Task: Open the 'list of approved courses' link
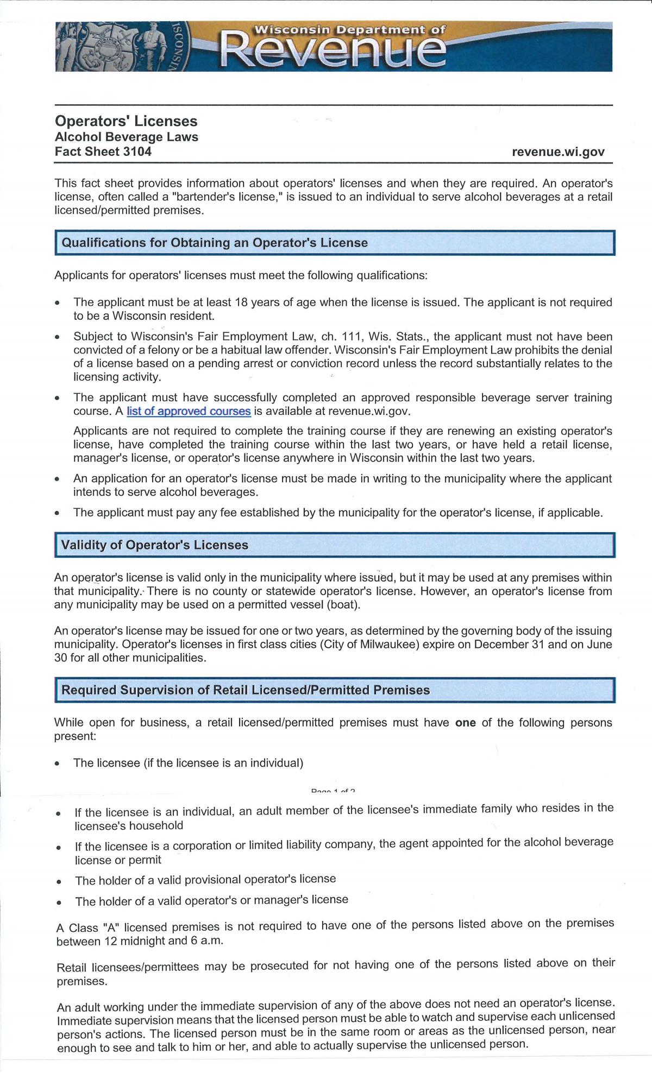(x=189, y=411)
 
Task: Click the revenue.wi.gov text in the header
(x=558, y=152)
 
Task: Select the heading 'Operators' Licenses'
(x=126, y=121)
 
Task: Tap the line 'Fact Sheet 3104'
(x=103, y=152)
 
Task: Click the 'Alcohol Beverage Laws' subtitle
(x=127, y=137)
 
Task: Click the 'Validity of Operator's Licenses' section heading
(x=155, y=545)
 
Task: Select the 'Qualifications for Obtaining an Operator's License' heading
(x=215, y=243)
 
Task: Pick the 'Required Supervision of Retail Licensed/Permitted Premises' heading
(x=246, y=690)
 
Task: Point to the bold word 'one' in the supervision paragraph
(x=466, y=723)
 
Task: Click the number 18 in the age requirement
(x=241, y=302)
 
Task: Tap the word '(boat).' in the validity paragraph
(x=343, y=604)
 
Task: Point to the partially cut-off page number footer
(x=333, y=791)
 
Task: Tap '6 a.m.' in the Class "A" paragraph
(x=206, y=941)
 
